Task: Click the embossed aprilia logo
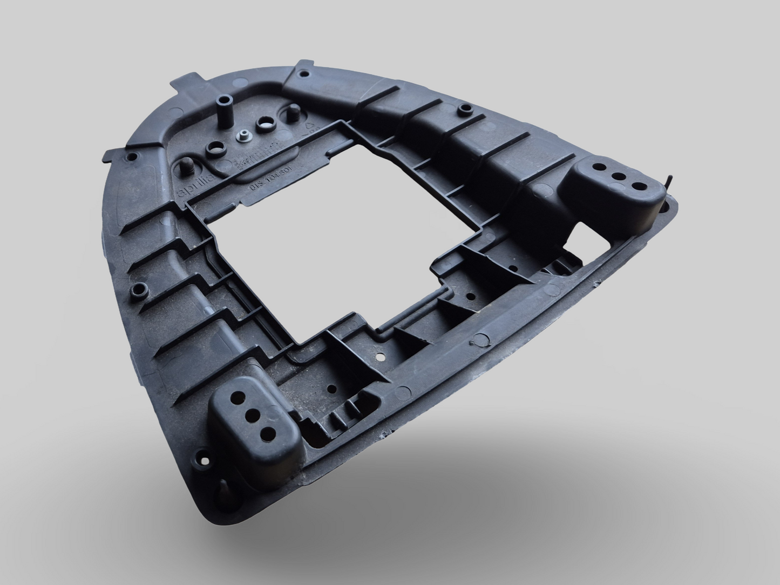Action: [x=195, y=180]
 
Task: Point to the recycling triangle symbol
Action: [x=310, y=126]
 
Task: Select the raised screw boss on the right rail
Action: [x=463, y=110]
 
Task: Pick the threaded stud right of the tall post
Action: [x=291, y=112]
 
